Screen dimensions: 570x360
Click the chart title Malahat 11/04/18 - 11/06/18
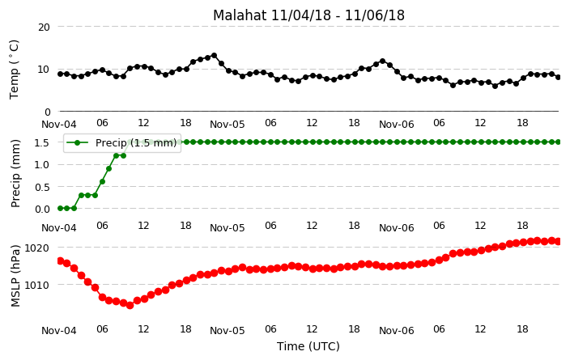pyautogui.click(x=308, y=15)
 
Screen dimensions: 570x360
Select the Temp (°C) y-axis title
pyautogui.click(x=14, y=70)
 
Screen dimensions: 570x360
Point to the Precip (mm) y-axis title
pyautogui.click(x=15, y=174)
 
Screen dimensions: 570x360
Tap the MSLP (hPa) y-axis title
pyautogui.click(x=15, y=276)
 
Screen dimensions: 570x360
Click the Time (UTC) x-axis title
pyautogui.click(x=308, y=346)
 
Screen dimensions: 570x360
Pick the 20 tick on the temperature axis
pyautogui.click(x=44, y=28)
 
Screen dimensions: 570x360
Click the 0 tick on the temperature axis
pyautogui.click(x=47, y=112)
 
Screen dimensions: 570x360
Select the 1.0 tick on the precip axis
pyautogui.click(x=42, y=164)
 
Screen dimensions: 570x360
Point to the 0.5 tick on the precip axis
pyautogui.click(x=42, y=187)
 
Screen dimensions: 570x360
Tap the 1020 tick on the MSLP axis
pyautogui.click(x=36, y=248)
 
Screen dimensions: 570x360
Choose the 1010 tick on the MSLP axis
pyautogui.click(x=36, y=285)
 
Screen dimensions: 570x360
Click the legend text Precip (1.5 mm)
pyautogui.click(x=136, y=142)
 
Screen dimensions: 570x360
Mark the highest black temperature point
pyautogui.click(x=214, y=56)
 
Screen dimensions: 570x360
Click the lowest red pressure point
pyautogui.click(x=130, y=305)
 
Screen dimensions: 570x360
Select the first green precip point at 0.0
pyautogui.click(x=61, y=208)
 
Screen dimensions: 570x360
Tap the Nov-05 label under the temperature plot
pyautogui.click(x=228, y=125)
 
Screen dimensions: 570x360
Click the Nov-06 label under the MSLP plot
pyautogui.click(x=397, y=331)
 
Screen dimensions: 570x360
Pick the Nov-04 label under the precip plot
pyautogui.click(x=59, y=228)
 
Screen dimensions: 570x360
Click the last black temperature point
pyautogui.click(x=559, y=77)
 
